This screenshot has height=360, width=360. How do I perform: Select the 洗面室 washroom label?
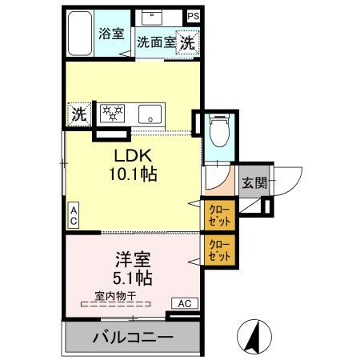pos(155,42)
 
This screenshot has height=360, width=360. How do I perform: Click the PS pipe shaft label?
pos(194,15)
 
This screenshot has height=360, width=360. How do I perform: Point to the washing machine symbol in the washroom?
pos(186,42)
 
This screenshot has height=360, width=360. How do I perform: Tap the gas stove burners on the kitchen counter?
pos(111,113)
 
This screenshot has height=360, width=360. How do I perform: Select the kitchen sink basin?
pos(148,114)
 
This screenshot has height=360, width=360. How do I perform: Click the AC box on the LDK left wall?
pos(72,214)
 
